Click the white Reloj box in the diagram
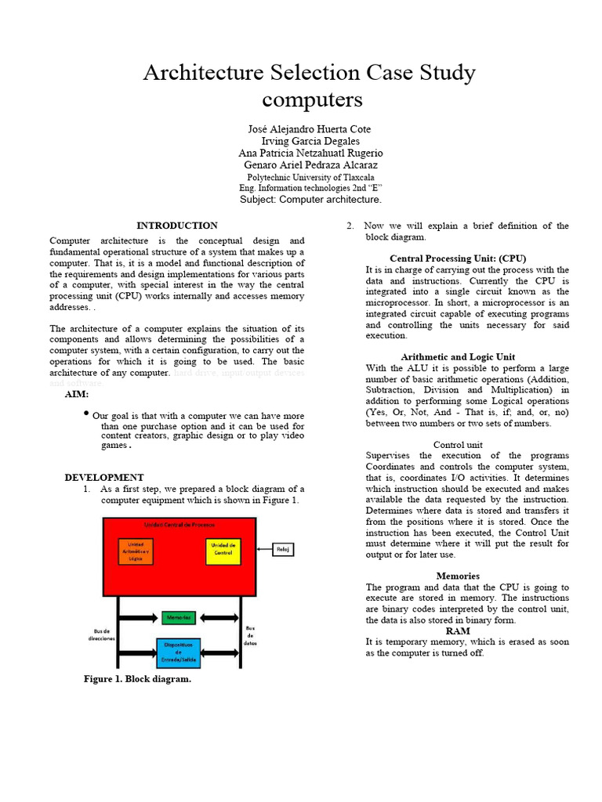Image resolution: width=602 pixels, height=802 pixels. click(282, 549)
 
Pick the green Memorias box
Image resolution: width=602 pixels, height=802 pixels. click(179, 618)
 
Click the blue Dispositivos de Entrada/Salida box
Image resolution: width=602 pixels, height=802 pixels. click(179, 653)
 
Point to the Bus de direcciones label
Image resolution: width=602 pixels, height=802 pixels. click(102, 634)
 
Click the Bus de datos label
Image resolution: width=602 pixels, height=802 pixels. click(251, 635)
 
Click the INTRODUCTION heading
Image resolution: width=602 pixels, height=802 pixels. click(177, 226)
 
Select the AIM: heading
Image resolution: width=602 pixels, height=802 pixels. click(76, 395)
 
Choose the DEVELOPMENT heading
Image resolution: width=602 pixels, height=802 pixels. click(103, 477)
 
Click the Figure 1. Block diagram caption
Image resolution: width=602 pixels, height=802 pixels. click(137, 679)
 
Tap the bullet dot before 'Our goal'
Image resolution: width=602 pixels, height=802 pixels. click(85, 414)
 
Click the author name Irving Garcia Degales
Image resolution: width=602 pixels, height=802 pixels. click(310, 141)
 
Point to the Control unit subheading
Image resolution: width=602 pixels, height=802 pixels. click(458, 445)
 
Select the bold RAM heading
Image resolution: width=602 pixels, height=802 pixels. click(458, 630)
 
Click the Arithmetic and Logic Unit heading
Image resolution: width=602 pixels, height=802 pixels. click(458, 357)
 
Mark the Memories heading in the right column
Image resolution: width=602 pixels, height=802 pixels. click(458, 576)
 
